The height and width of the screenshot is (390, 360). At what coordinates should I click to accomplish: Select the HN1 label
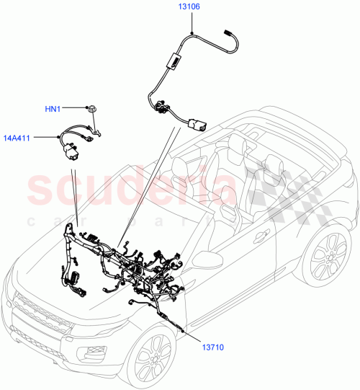(53, 109)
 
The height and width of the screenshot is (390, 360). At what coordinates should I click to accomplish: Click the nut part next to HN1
(92, 110)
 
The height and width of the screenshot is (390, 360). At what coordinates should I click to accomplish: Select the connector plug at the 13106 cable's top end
(228, 35)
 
